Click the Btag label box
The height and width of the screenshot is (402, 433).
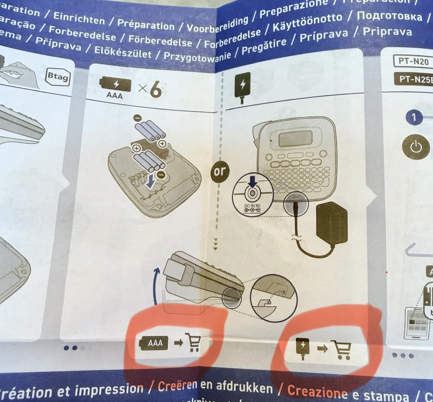click(58, 77)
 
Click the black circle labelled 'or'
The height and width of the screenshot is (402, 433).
click(219, 171)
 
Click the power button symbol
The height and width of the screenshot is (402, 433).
click(416, 147)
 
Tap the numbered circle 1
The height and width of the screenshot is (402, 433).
click(414, 117)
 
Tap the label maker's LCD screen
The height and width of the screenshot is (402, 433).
click(296, 138)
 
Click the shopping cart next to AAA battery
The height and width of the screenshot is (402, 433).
click(193, 342)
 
